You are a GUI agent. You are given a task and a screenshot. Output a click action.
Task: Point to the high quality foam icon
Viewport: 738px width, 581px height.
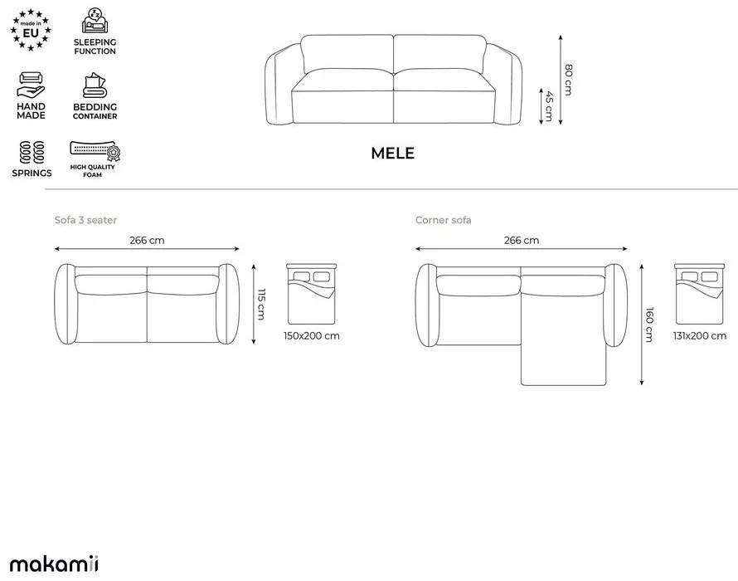[x=95, y=149]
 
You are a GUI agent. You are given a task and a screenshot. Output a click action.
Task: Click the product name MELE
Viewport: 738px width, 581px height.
[x=392, y=154]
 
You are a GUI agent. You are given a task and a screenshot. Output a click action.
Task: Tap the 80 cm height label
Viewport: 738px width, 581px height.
[x=568, y=80]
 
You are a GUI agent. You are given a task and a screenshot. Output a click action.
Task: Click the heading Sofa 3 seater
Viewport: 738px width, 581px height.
[x=85, y=220]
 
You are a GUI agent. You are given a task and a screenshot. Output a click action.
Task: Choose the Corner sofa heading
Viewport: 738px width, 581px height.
[x=443, y=220]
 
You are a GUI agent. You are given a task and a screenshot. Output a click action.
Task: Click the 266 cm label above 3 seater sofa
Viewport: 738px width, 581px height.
[x=147, y=240]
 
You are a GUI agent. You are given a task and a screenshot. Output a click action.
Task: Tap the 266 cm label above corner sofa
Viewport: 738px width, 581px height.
[x=522, y=240]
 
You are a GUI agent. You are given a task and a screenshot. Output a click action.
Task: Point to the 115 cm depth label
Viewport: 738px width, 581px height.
[x=261, y=305]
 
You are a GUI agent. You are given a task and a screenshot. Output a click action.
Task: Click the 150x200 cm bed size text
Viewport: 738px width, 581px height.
[x=311, y=336]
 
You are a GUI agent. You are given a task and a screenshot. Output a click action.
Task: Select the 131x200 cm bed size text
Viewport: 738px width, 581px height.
[x=699, y=336]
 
